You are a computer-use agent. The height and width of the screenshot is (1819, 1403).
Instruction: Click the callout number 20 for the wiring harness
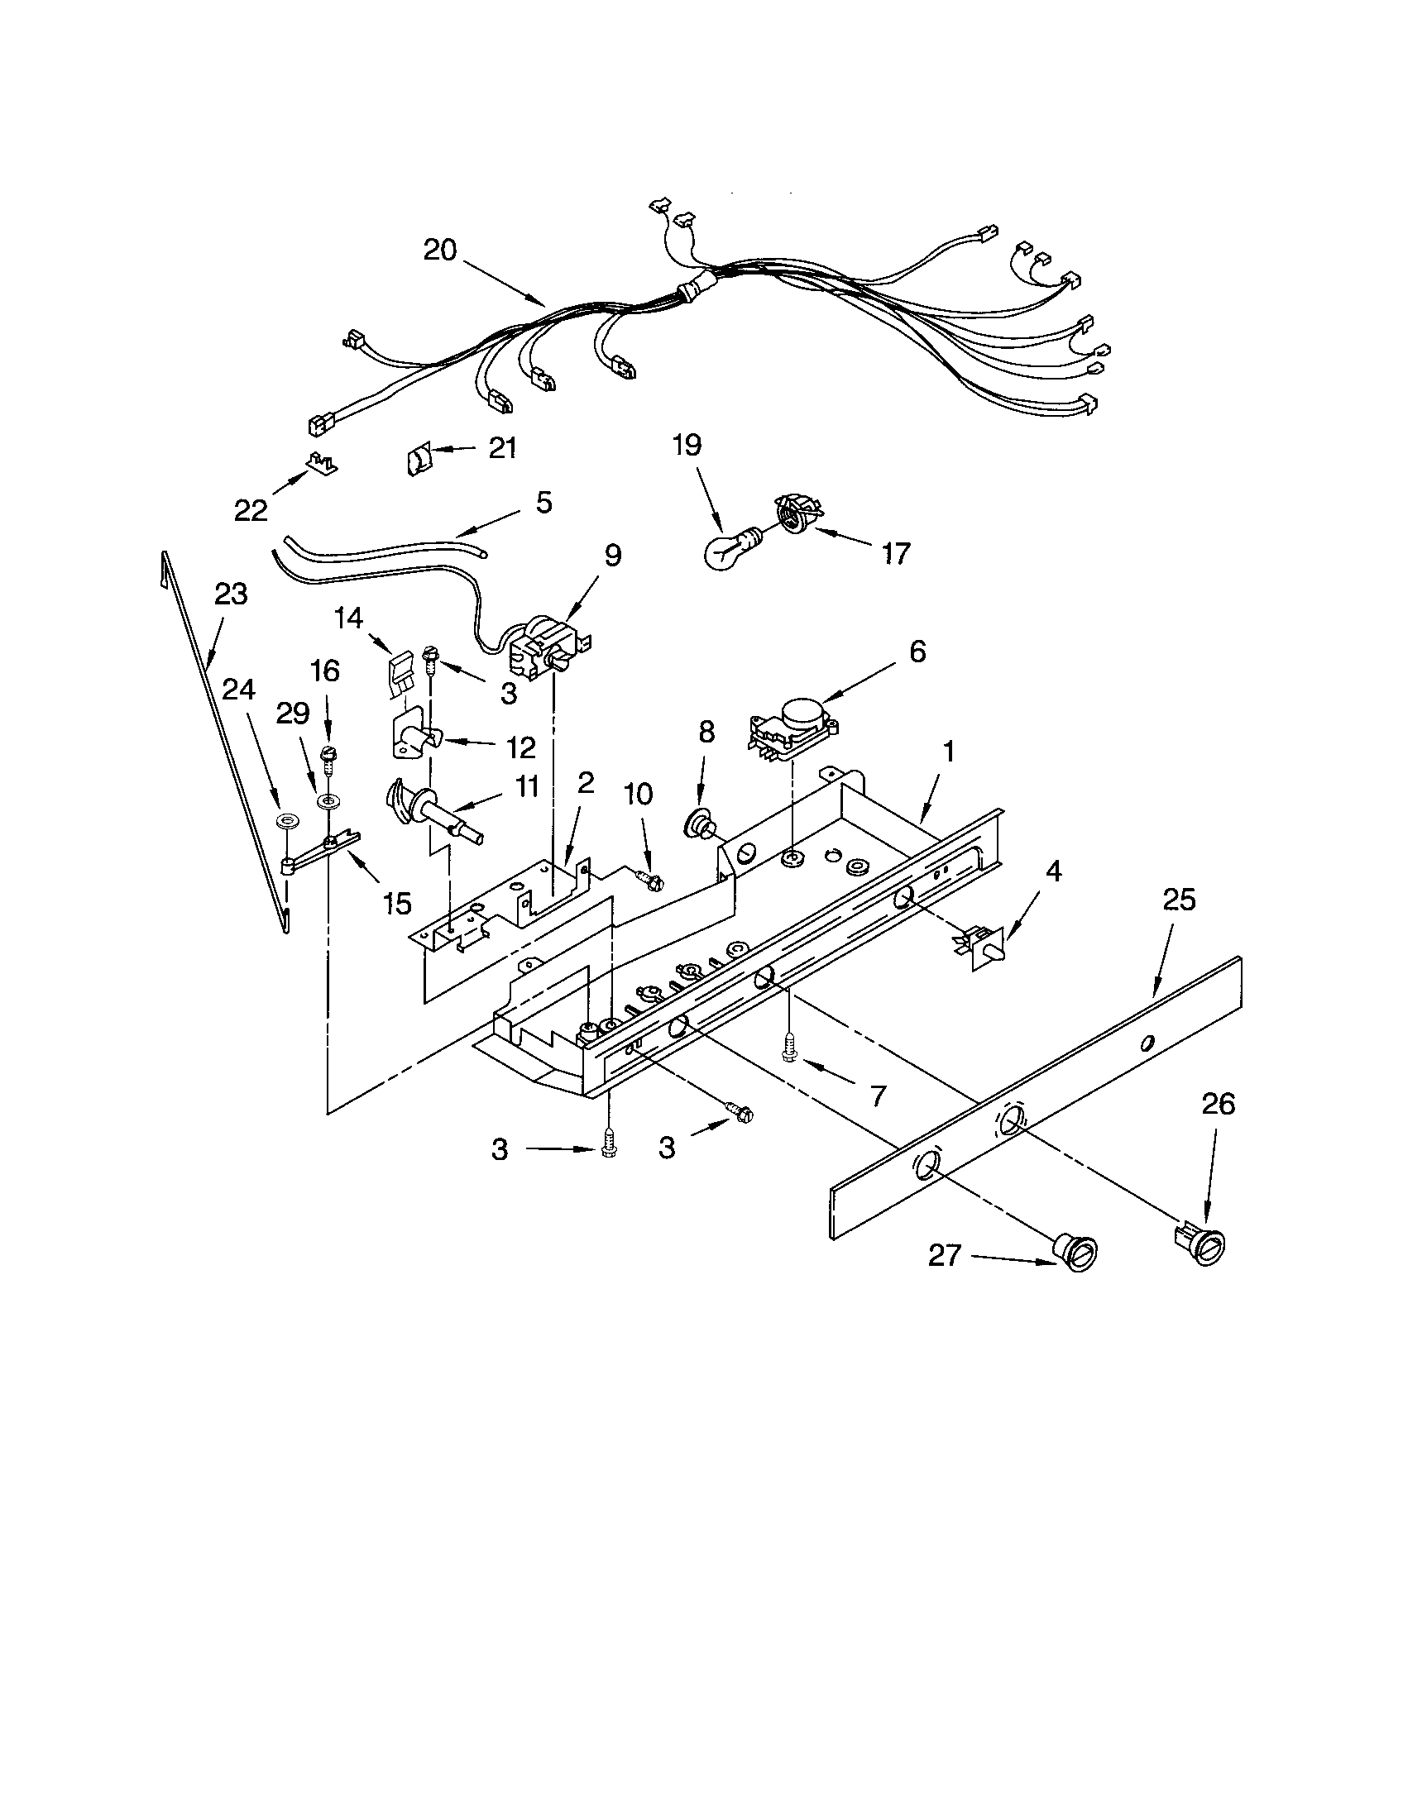tap(440, 250)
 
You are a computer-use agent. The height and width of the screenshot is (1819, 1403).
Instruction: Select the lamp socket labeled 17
tap(797, 511)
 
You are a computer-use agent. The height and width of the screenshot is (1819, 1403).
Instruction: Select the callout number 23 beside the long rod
tap(231, 594)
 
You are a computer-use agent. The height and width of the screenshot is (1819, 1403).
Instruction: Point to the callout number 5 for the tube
tap(543, 503)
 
